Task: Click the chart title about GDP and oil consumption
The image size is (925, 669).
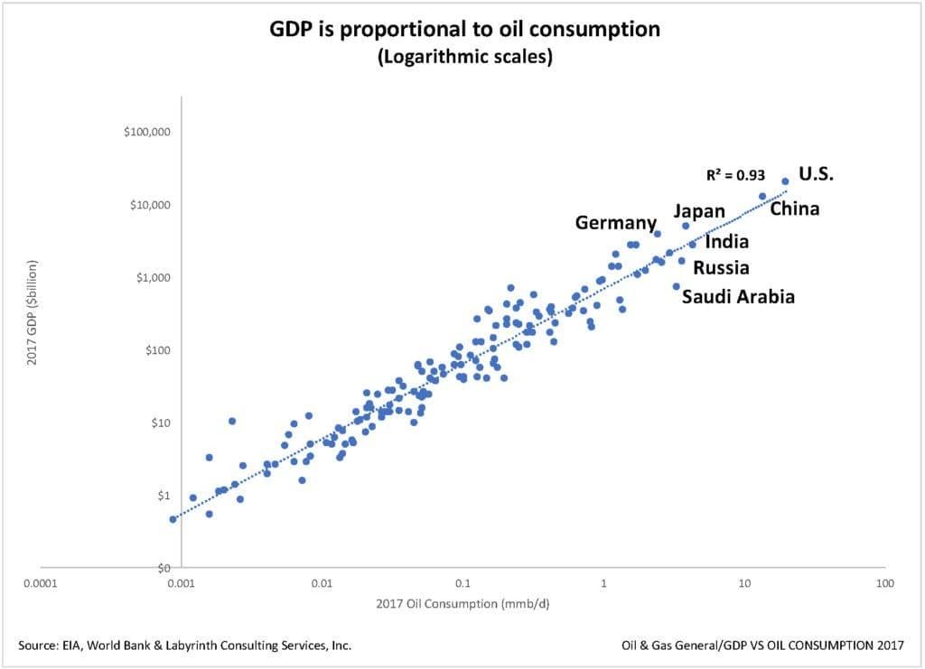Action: [x=465, y=30]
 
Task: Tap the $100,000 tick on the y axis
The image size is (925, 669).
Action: [x=147, y=132]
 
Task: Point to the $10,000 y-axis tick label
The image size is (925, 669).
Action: [x=150, y=205]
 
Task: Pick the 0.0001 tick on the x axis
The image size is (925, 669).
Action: [x=41, y=583]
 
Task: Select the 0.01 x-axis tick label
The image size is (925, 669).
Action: [x=322, y=583]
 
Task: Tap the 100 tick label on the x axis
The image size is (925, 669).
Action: [x=883, y=583]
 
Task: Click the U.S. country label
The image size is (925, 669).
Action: [x=816, y=174]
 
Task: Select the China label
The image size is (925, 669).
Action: [x=794, y=209]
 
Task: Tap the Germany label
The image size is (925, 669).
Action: [x=616, y=223]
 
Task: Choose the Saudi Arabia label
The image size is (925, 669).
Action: [x=738, y=296]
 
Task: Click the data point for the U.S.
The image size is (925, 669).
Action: [x=785, y=181]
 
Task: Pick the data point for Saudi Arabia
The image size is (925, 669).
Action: [x=676, y=286]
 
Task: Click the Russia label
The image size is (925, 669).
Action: [x=721, y=268]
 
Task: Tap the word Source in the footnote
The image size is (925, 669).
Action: [x=36, y=645]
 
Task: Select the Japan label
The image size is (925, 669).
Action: [x=699, y=211]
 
